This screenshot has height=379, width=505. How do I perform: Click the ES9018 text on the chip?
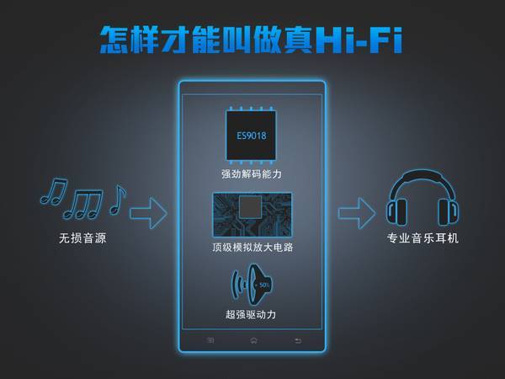pyautogui.click(x=252, y=136)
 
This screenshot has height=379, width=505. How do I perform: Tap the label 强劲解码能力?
pyautogui.click(x=252, y=174)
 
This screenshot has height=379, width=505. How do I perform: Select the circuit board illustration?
pyautogui.click(x=252, y=215)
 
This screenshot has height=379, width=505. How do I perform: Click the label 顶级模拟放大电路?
pyautogui.click(x=252, y=247)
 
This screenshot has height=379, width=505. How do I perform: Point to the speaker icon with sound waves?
pyautogui.click(x=252, y=285)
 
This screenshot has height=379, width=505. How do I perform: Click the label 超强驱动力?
pyautogui.click(x=251, y=314)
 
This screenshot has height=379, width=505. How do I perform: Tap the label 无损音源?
pyautogui.click(x=82, y=238)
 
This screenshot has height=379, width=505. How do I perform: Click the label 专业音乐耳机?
pyautogui.click(x=423, y=238)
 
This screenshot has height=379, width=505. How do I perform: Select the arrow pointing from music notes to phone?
pyautogui.click(x=148, y=213)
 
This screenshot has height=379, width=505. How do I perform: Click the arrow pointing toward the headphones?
pyautogui.click(x=357, y=213)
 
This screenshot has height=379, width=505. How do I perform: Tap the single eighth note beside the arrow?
pyautogui.click(x=117, y=200)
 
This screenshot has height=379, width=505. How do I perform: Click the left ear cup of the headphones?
pyautogui.click(x=396, y=212)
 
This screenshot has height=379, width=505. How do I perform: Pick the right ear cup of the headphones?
pyautogui.click(x=448, y=212)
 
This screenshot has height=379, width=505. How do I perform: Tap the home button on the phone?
pyautogui.click(x=253, y=340)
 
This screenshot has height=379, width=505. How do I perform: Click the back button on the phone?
pyautogui.click(x=298, y=340)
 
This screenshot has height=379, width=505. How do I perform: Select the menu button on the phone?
pyautogui.click(x=210, y=340)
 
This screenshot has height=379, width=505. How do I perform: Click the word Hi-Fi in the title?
pyautogui.click(x=359, y=40)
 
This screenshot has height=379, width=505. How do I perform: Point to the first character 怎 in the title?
pyautogui.click(x=114, y=40)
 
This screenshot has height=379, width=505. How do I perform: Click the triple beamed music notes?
pyautogui.click(x=83, y=204)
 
